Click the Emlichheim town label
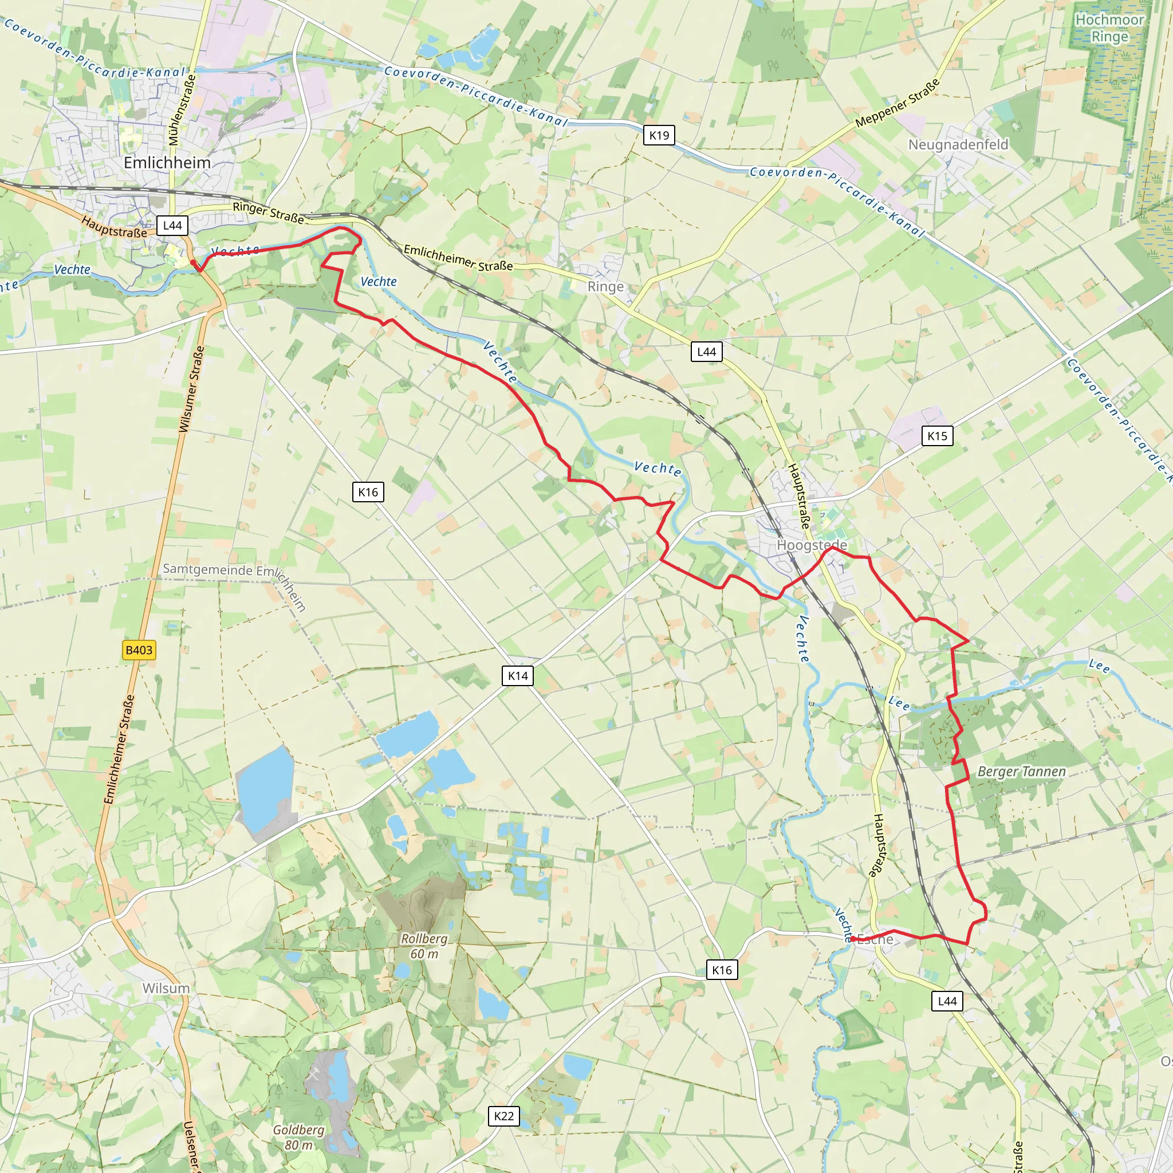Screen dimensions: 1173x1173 coord(167,163)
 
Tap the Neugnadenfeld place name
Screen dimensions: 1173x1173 coord(958,144)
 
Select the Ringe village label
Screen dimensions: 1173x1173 coord(605,286)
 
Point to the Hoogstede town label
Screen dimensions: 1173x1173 coord(812,545)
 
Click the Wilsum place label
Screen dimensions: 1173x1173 coord(166,989)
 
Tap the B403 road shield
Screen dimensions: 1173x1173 coord(139,650)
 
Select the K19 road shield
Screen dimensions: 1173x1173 coord(659,135)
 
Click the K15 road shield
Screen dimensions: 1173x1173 coord(937,436)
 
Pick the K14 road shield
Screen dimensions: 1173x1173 coord(518,676)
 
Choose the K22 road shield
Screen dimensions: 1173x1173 coord(503,1116)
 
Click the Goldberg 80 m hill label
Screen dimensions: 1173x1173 coord(298,1137)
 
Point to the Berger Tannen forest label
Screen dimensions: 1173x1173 coord(1021,771)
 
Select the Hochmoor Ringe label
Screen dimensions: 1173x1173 coord(1109,28)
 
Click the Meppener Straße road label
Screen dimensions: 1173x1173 coord(897,104)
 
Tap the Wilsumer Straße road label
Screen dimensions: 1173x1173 coord(191,389)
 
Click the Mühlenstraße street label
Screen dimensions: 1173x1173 coord(182,110)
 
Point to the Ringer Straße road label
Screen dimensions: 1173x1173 coord(267,212)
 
